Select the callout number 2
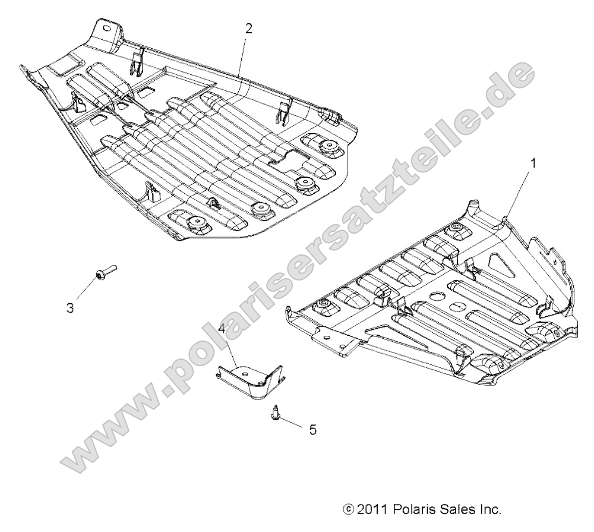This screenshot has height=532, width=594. coord(249,29)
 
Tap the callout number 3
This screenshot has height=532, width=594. coord(70,308)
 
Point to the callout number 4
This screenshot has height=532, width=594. coord(222,328)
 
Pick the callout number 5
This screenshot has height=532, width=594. coord(312,430)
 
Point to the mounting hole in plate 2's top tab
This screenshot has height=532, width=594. coord(106,29)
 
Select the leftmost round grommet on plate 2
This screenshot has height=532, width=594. coord(194,222)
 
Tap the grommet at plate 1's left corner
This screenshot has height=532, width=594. coord(323,304)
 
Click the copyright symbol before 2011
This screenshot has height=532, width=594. coord(348,510)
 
